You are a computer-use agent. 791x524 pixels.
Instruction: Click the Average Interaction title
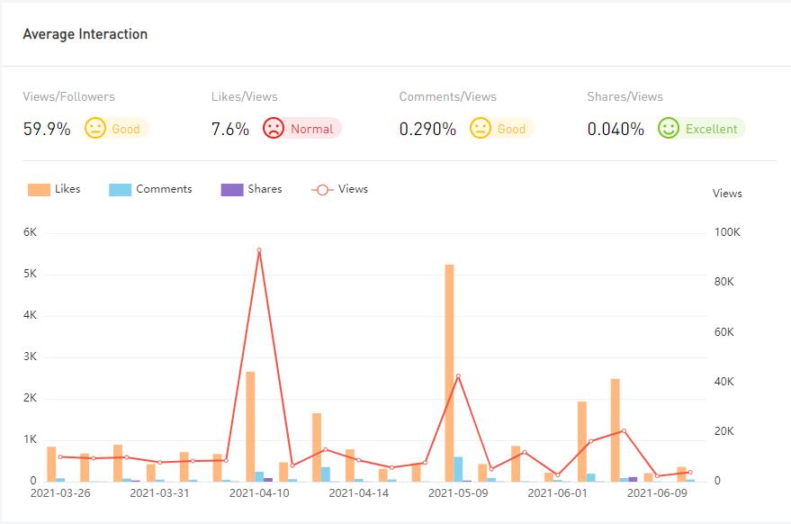85,34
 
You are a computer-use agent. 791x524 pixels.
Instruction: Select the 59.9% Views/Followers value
47,129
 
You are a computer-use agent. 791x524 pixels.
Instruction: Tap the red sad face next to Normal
274,128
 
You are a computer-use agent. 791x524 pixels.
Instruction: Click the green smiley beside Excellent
668,128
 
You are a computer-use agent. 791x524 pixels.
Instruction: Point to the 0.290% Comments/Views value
427,129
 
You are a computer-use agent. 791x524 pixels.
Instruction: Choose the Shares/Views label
625,96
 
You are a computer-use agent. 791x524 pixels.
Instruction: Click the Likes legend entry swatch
39,189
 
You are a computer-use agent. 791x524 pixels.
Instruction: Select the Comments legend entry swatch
120,189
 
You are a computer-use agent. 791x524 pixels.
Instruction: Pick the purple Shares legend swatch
231,189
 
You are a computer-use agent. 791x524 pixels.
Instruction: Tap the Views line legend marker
322,189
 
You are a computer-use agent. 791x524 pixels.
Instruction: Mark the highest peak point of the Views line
259,250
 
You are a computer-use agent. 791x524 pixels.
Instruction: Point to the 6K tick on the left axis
30,232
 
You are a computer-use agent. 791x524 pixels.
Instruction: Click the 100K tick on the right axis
726,232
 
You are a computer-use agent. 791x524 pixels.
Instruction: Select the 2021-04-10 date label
259,493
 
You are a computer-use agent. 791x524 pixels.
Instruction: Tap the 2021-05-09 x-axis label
458,493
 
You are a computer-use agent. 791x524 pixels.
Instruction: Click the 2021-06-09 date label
657,493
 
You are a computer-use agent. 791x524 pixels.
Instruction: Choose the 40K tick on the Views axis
728,382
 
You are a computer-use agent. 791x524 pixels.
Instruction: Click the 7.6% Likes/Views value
230,129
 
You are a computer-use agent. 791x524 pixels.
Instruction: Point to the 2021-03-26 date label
60,493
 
